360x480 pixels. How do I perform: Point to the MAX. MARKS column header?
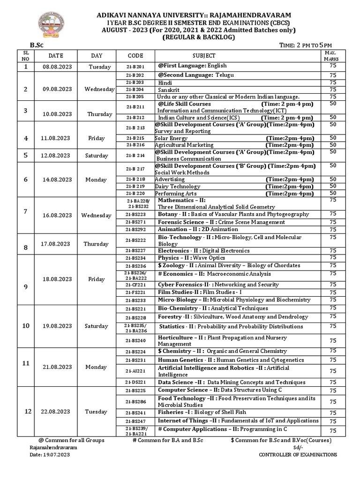333,56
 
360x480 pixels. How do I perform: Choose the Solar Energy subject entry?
172,138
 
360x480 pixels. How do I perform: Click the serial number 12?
27,411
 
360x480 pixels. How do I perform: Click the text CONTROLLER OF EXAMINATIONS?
298,455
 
